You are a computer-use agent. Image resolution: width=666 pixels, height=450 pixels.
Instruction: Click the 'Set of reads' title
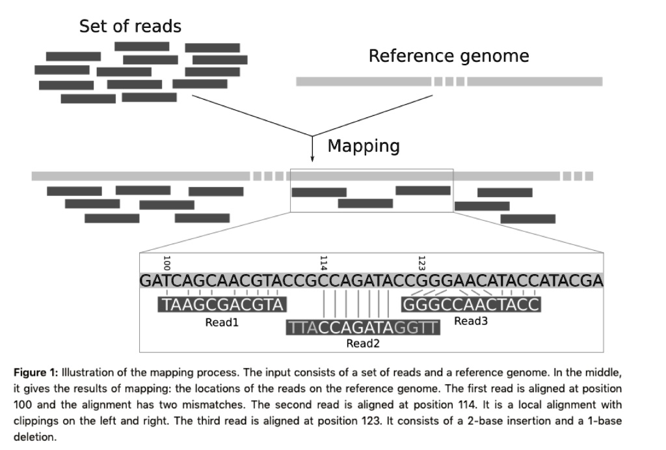coord(130,27)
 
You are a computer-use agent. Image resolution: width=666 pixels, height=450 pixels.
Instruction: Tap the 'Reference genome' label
coord(449,57)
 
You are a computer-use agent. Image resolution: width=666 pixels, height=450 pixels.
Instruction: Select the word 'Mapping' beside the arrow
coord(364,146)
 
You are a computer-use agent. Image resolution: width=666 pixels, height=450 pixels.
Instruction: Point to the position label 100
coord(166,263)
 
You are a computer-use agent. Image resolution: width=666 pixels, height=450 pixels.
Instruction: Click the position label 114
coord(323,263)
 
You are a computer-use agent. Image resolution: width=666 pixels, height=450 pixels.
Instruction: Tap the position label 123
coord(421,263)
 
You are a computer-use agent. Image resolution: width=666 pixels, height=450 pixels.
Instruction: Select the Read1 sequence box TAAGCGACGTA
coord(222,305)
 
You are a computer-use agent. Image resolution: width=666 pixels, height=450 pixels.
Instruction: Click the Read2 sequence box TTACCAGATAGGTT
coord(363,328)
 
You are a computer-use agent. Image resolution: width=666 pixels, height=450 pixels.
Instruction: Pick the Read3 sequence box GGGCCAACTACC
coord(472,305)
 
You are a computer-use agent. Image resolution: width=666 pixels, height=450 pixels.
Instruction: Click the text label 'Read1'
coord(222,322)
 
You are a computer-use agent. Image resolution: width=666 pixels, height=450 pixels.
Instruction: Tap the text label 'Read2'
coord(363,344)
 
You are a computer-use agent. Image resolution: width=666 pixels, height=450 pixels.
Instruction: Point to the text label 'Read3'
coord(470,321)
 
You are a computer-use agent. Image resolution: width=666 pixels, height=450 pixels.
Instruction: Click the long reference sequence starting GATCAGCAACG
coord(371,281)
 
